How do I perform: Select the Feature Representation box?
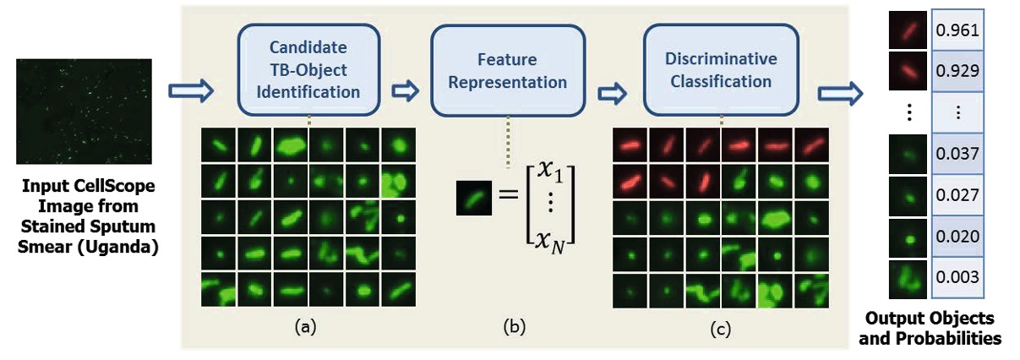pyautogui.click(x=508, y=70)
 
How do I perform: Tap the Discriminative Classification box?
pyautogui.click(x=721, y=70)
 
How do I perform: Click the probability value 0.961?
pyautogui.click(x=957, y=31)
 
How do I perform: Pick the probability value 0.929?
pyautogui.click(x=957, y=70)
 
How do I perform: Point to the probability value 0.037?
pyautogui.click(x=957, y=155)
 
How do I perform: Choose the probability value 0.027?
pyautogui.click(x=957, y=196)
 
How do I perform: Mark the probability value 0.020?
pyautogui.click(x=957, y=237)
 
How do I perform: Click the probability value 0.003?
pyautogui.click(x=957, y=278)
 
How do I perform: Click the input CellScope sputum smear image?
pyautogui.click(x=84, y=111)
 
